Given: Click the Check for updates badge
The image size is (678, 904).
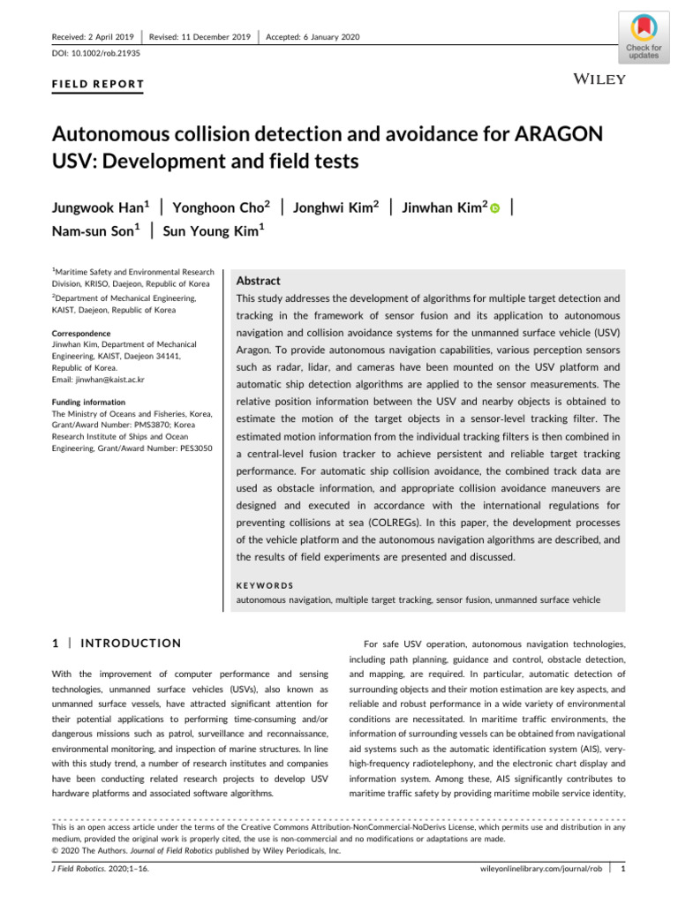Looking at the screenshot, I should [644, 36].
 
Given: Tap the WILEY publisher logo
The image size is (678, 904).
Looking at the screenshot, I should [600, 79].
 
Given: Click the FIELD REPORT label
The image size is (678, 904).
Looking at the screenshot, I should [99, 85].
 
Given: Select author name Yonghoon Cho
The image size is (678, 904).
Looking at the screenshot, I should [219, 207].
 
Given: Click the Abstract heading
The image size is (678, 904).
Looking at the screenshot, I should [258, 280].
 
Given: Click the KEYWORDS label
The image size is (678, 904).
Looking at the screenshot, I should [265, 584].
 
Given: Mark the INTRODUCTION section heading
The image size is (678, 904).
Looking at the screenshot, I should [131, 643].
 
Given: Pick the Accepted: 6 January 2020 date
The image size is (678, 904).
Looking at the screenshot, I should [313, 37].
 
